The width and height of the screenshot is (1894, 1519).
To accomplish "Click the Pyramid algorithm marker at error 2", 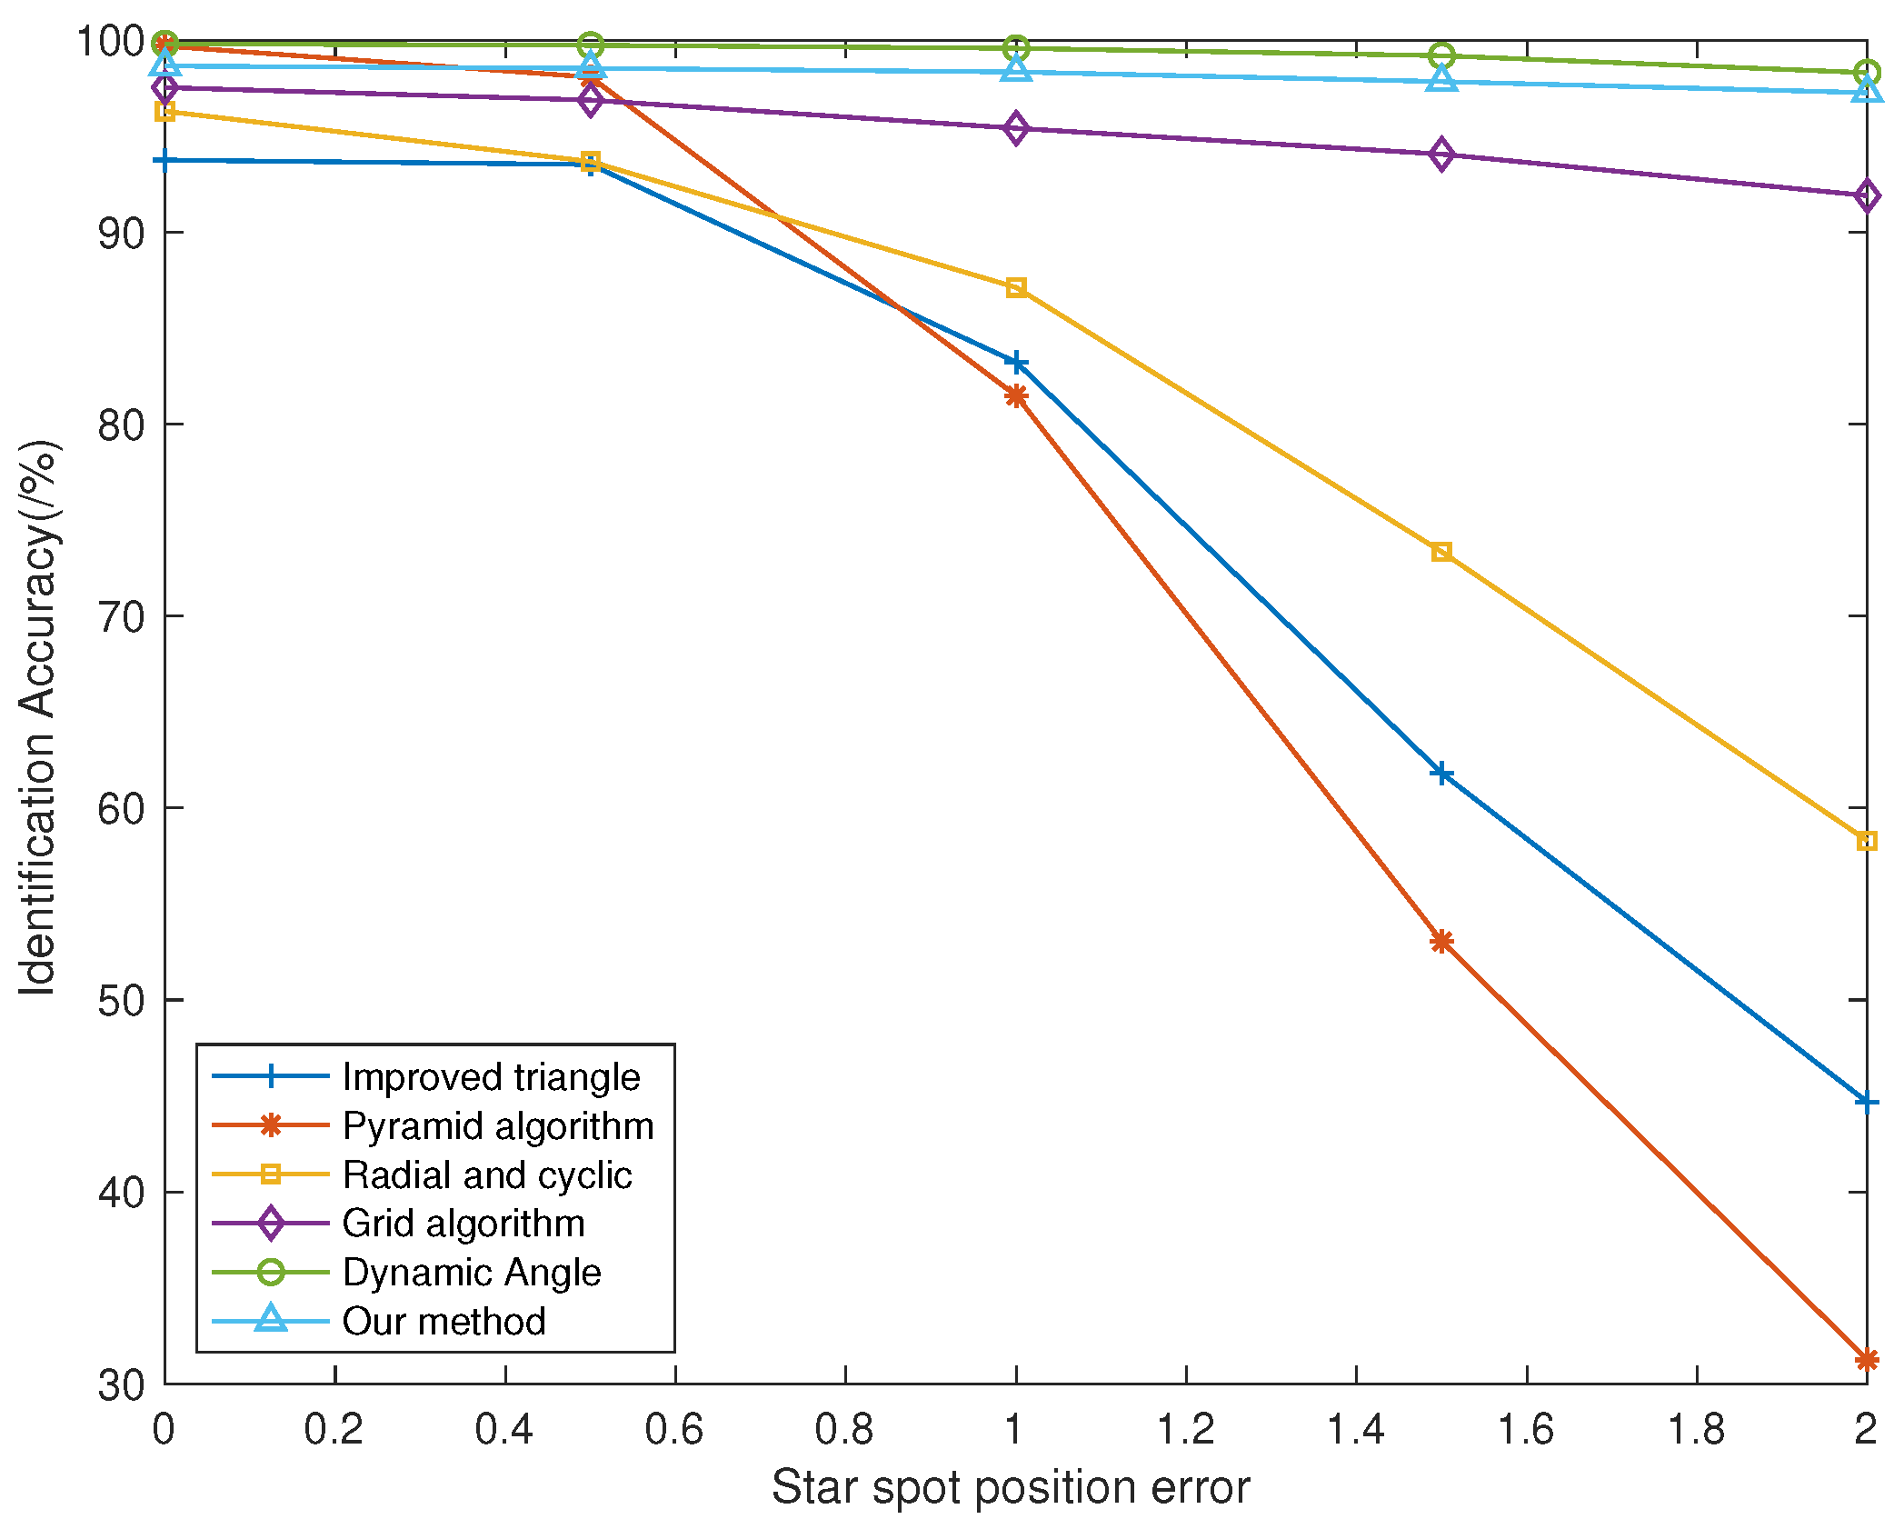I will [x=1866, y=1360].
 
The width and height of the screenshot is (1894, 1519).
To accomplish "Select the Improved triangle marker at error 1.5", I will [x=1441, y=774].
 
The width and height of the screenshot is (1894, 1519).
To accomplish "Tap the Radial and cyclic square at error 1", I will [x=1016, y=288].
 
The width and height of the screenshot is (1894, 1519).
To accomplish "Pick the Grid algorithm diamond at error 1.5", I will [x=1441, y=155].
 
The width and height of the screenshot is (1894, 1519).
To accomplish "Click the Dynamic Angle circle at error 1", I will [x=1016, y=48].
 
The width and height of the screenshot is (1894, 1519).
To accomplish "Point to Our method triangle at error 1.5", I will [x=1441, y=80].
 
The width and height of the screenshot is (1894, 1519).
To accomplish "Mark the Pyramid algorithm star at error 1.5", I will [x=1441, y=941].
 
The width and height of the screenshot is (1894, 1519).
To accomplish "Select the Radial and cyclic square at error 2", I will [x=1866, y=841].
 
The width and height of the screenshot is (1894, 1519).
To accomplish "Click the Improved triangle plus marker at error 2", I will [x=1866, y=1102].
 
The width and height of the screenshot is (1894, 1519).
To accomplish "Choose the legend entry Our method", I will [x=444, y=1321].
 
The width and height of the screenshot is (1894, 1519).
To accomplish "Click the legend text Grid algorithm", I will [x=464, y=1224].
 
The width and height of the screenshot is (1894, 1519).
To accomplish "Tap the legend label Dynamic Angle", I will [x=472, y=1273].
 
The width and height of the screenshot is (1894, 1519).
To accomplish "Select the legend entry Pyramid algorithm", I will [x=498, y=1126].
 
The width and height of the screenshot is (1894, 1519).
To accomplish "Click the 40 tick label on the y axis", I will [x=121, y=1193].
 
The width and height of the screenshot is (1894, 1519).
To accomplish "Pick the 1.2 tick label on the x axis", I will [x=1185, y=1430].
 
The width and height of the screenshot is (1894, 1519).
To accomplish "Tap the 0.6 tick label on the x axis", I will [x=674, y=1430].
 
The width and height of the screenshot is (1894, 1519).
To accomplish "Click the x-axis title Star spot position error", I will [x=1011, y=1488].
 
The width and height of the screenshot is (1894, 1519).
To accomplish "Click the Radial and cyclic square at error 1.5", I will [x=1441, y=552].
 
